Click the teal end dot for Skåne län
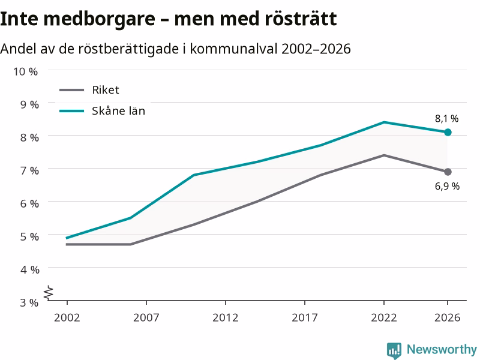(448, 132)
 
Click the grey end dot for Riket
(448, 172)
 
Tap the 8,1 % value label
(446, 119)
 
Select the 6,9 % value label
(447, 186)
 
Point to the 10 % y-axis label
(25, 71)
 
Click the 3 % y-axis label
(29, 303)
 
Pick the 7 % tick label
(29, 170)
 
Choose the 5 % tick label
(29, 236)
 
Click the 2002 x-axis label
(67, 317)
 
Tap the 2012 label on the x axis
(226, 317)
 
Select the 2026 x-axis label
(447, 317)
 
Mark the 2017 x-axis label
(305, 317)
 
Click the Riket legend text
(106, 90)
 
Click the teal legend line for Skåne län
(71, 111)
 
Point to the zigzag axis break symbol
(49, 293)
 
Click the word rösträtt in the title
(301, 19)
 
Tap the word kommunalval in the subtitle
(233, 49)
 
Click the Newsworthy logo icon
(394, 350)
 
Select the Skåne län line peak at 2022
(384, 122)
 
